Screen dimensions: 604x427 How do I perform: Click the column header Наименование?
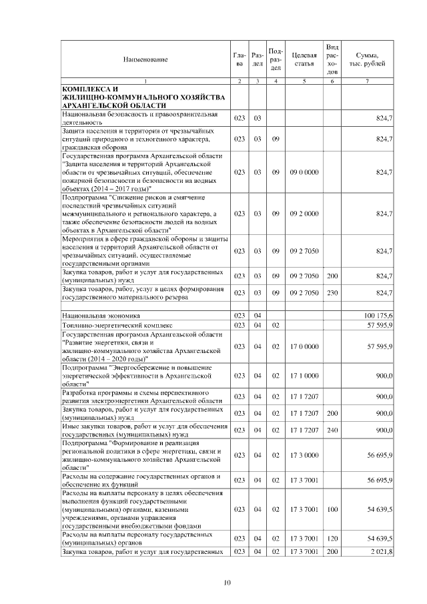coord(145,59)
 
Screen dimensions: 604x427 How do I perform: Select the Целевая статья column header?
coord(304,59)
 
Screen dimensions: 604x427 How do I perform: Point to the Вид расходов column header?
coord(332,59)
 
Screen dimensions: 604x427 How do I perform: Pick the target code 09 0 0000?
coord(304,172)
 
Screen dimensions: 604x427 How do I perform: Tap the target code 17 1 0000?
coord(304,376)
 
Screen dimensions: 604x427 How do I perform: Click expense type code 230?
coord(332,292)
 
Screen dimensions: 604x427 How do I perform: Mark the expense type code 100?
coord(332,509)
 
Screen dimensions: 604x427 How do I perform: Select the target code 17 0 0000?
coord(304,346)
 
